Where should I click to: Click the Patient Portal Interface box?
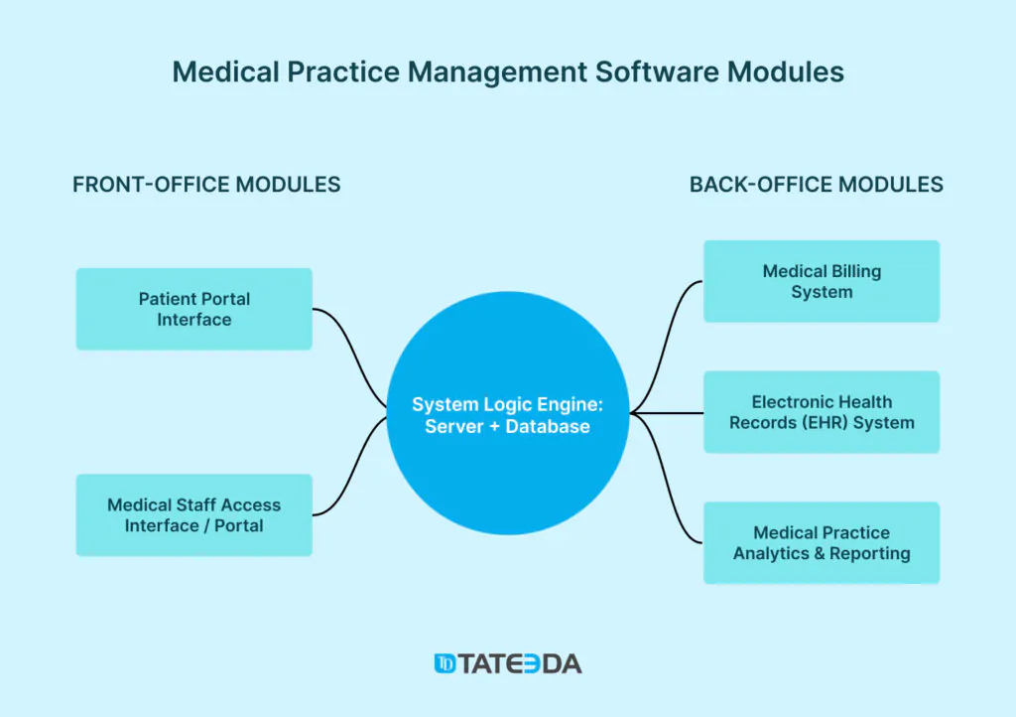point(194,309)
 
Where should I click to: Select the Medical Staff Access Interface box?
point(194,515)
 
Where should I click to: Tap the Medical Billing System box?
point(822,281)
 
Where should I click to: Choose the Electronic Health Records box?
point(822,412)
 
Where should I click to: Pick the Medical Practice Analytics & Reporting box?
point(822,543)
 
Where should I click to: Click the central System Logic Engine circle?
point(508,413)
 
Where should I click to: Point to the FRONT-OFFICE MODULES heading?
point(206,185)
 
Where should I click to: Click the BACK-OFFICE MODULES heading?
point(817,185)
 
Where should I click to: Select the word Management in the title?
point(497,72)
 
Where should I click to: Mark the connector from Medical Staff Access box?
point(350,468)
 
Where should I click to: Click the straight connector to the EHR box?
point(667,413)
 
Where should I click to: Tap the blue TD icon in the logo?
point(445,663)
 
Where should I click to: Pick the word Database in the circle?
point(548,427)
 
